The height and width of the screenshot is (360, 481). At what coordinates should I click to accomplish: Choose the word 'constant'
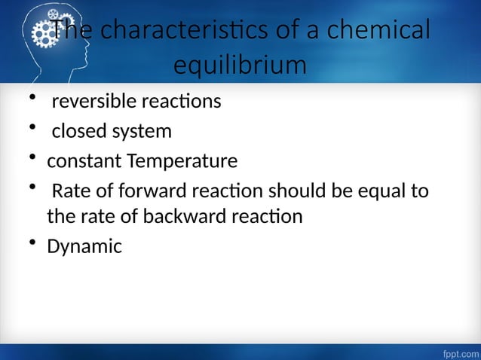coord(83,162)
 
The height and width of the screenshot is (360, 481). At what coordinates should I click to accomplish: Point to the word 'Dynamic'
coord(84,246)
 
